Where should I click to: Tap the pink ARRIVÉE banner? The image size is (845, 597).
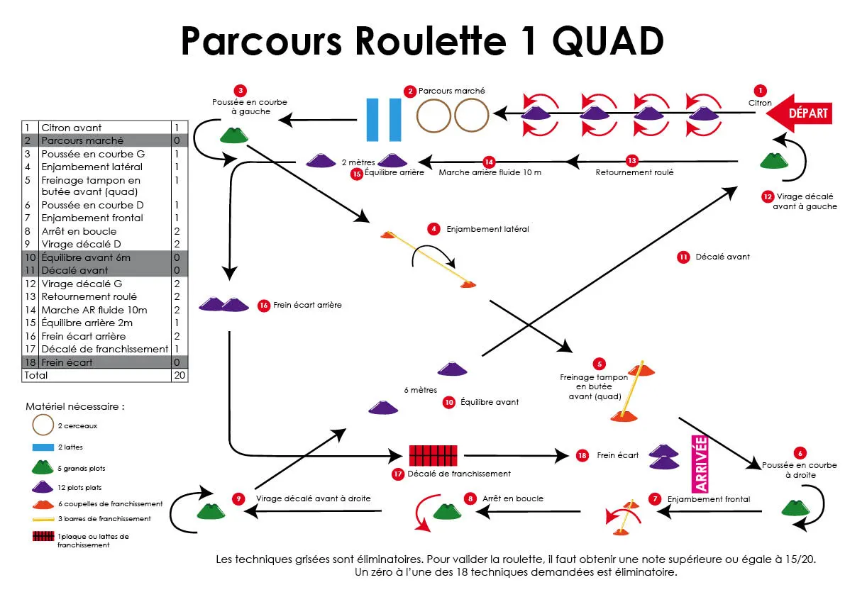click(700, 464)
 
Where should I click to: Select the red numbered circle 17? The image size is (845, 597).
click(398, 474)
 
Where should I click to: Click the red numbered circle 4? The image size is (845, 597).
click(433, 229)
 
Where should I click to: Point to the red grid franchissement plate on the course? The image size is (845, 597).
click(433, 454)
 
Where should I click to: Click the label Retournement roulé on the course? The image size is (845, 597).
click(634, 172)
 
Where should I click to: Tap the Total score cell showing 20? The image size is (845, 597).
click(180, 375)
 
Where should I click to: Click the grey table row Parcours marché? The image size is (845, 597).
click(82, 140)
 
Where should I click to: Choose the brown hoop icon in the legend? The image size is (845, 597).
click(43, 425)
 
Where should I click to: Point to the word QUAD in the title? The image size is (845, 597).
click(607, 43)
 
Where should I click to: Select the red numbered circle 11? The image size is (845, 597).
click(683, 257)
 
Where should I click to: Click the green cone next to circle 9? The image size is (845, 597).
click(209, 510)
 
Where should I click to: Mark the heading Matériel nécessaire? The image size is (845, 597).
click(75, 407)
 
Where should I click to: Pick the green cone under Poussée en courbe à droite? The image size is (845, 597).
click(794, 507)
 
